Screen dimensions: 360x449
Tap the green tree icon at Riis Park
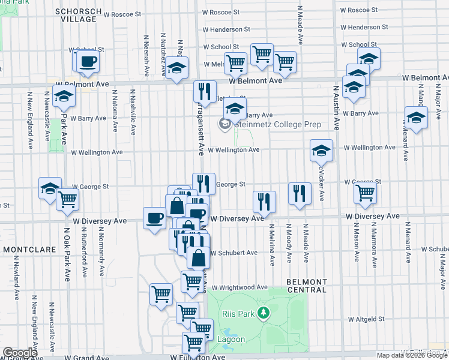262,313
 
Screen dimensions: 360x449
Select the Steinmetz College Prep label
277,125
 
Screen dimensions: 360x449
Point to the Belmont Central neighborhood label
307,286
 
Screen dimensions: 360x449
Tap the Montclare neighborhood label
29,248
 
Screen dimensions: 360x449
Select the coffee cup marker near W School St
88,61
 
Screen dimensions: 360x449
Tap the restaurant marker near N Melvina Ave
264,202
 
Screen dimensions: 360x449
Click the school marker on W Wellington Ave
321,150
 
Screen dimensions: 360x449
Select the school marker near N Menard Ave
415,118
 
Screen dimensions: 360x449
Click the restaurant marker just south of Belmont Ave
205,92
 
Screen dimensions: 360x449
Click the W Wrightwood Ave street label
238,287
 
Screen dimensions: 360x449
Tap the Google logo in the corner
20,353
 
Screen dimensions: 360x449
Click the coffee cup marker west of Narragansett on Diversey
155,217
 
